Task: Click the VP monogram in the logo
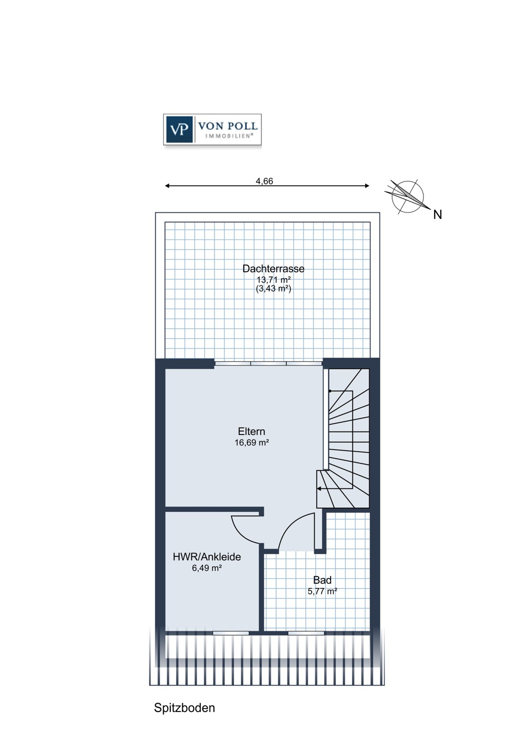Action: [x=179, y=130]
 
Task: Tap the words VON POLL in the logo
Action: [x=228, y=126]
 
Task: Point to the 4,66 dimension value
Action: [x=264, y=181]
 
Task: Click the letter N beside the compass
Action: [x=437, y=215]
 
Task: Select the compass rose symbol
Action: [x=408, y=197]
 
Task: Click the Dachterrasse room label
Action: [x=273, y=269]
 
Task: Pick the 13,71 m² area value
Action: [x=273, y=279]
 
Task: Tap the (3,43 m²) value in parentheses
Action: [x=273, y=289]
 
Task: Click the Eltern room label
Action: [x=252, y=431]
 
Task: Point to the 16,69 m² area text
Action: [x=252, y=443]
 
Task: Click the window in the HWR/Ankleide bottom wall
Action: [x=231, y=633]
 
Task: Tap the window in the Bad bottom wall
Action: [x=307, y=633]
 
